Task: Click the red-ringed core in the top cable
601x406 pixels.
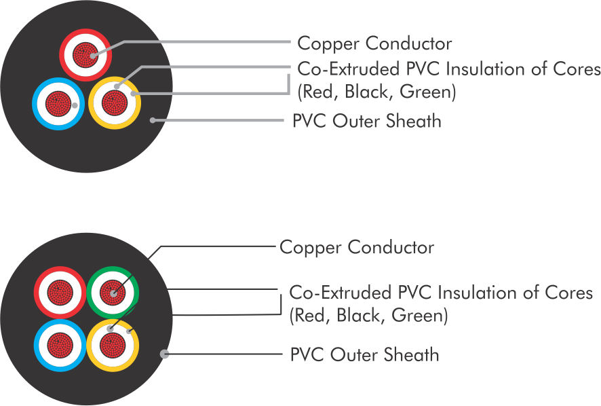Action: [x=85, y=53]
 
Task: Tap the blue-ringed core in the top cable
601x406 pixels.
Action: [x=57, y=104]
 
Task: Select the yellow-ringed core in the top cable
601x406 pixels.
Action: [x=114, y=103]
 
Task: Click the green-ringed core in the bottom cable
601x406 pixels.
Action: [x=113, y=293]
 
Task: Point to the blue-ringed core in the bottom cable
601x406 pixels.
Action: [x=58, y=344]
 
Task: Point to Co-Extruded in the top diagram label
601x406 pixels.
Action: [x=343, y=70]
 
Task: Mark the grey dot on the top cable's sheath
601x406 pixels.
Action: [x=154, y=120]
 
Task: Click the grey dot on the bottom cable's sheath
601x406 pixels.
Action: [x=163, y=353]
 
